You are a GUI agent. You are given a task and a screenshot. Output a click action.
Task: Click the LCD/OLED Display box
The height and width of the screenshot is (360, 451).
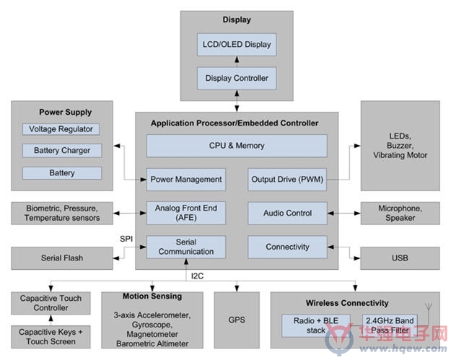pos(237,45)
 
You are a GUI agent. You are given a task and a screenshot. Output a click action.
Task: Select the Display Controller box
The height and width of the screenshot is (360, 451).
pos(237,78)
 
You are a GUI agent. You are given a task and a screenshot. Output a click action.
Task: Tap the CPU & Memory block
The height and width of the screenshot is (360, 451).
pos(237,146)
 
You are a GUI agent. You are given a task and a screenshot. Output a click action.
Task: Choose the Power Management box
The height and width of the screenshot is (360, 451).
pos(186,180)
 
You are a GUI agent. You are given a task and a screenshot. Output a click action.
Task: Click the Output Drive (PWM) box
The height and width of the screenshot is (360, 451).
pos(287,180)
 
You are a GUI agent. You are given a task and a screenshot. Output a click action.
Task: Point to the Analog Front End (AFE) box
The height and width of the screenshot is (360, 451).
pos(186,213)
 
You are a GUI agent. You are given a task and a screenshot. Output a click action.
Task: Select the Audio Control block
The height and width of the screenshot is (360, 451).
pos(287,213)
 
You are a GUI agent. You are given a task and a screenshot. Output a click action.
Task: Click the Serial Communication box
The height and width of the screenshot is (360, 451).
pos(186,247)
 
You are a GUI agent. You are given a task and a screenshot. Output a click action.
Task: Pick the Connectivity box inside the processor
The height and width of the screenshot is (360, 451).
pos(287,247)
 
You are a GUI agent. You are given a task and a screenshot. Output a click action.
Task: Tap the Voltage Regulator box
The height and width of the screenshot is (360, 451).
pos(61,129)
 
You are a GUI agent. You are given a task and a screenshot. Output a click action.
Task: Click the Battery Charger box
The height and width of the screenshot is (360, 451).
pos(62,150)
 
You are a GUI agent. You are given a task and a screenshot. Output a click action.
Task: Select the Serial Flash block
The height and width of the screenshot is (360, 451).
pos(62,258)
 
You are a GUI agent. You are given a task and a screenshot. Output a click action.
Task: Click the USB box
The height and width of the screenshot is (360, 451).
pos(400,258)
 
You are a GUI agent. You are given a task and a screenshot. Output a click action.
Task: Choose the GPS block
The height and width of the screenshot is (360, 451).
pos(237,320)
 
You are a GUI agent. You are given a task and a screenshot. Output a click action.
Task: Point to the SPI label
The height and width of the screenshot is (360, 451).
pos(126,239)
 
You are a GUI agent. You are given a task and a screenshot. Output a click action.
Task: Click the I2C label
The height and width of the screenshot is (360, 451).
pos(197,276)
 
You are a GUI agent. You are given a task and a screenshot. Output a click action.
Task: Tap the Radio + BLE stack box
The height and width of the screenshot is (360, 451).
pos(316,325)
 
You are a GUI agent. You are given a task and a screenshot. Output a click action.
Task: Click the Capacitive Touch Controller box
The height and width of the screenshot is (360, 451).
pos(51,303)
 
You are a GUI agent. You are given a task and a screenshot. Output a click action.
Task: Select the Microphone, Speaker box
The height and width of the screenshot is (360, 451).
pos(400,213)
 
